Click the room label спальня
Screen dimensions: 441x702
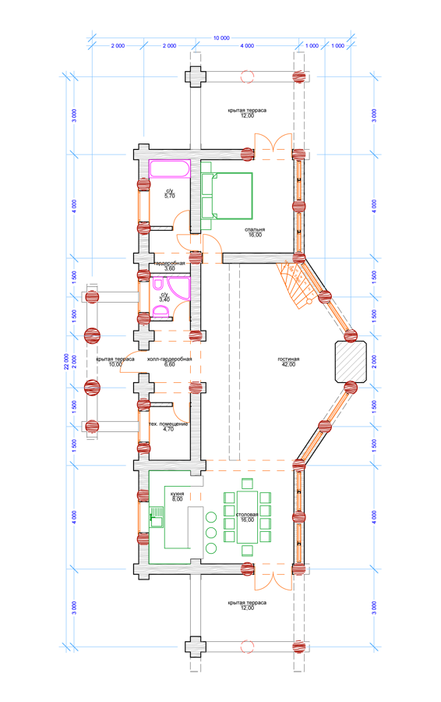tap(255, 229)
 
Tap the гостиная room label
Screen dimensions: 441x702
tap(288, 359)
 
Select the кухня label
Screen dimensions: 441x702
tap(177, 494)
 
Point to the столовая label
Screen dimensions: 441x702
tap(247, 515)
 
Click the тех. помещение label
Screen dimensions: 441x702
tap(168, 424)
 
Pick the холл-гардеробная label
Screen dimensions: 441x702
tap(170, 359)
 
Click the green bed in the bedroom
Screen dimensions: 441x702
tap(227, 196)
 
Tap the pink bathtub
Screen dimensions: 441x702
tap(170, 168)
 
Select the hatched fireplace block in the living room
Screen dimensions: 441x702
tap(351, 362)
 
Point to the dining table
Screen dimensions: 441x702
tap(247, 516)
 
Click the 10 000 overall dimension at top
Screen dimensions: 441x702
tap(221, 38)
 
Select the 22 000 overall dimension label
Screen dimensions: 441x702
tap(67, 361)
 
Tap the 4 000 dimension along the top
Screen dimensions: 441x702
tap(247, 46)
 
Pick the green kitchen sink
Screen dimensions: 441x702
tap(156, 516)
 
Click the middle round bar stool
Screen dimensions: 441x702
tap(211, 533)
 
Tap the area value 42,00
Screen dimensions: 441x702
tap(288, 364)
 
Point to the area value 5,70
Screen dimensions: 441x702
tap(170, 196)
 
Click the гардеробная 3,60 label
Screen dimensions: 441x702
tap(170, 266)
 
